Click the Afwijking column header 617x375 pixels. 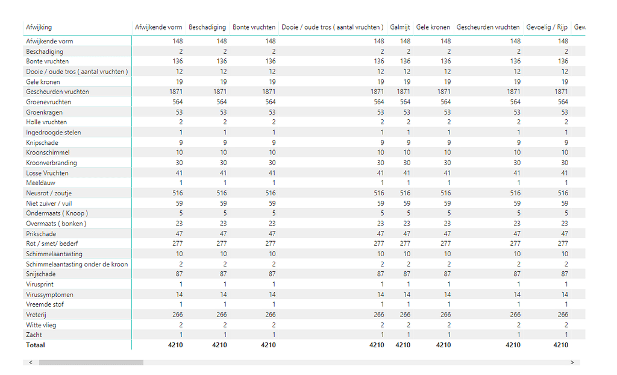pyautogui.click(x=39, y=27)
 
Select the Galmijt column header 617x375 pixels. pyautogui.click(x=400, y=27)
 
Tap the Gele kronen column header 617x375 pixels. pyautogui.click(x=433, y=27)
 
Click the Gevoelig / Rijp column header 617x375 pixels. pyautogui.click(x=547, y=27)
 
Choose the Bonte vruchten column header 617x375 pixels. pyautogui.click(x=254, y=27)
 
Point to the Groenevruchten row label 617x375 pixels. pyautogui.click(x=48, y=102)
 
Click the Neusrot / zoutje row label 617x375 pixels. pyautogui.click(x=49, y=193)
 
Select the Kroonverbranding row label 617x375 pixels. pyautogui.click(x=51, y=163)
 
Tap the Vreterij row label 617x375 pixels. pyautogui.click(x=37, y=315)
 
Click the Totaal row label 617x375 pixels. pyautogui.click(x=35, y=345)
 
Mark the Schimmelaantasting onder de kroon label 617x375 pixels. pyautogui.click(x=77, y=264)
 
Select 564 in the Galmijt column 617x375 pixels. pyautogui.click(x=404, y=102)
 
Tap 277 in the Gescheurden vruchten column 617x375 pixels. pyautogui.click(x=513, y=244)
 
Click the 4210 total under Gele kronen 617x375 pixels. pyautogui.click(x=443, y=345)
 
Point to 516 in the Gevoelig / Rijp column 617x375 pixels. pyautogui.click(x=562, y=193)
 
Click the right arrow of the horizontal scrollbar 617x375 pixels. pyautogui.click(x=572, y=362)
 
